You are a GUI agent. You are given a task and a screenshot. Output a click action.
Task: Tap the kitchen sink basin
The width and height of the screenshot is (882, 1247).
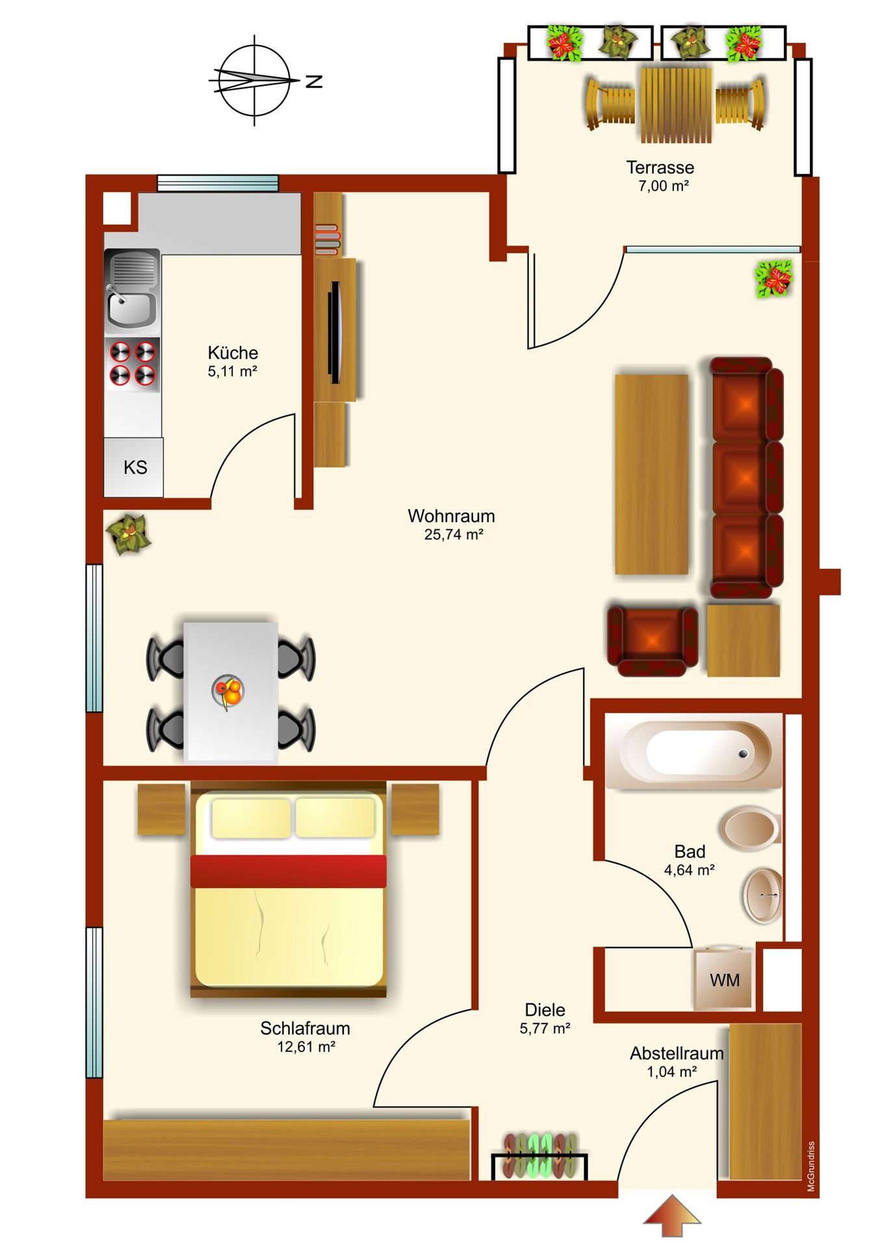[x=131, y=310]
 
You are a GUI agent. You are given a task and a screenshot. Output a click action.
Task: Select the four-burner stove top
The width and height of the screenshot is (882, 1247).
[x=133, y=364]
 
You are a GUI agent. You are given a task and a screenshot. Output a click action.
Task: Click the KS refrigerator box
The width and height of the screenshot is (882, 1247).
[x=134, y=467]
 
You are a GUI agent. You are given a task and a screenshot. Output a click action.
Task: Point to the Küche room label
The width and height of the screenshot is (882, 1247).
[x=233, y=353]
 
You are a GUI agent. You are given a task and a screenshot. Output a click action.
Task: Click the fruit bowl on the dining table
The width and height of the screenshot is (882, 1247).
[x=228, y=692]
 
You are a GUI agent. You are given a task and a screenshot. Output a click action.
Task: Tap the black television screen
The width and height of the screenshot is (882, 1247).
[x=335, y=332]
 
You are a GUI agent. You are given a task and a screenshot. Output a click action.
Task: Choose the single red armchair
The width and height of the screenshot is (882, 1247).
[x=652, y=640]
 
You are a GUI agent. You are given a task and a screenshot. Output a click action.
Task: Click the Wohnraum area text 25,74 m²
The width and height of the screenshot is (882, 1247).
[x=453, y=535]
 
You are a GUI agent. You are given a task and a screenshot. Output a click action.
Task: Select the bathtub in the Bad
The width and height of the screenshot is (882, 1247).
[x=694, y=751]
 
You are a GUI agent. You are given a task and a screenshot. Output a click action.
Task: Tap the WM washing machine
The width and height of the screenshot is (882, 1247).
[x=724, y=979]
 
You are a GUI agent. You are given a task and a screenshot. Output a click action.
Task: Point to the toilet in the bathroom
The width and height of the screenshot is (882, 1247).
[x=750, y=828]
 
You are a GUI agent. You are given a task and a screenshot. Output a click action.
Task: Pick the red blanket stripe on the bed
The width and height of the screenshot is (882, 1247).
[x=289, y=871]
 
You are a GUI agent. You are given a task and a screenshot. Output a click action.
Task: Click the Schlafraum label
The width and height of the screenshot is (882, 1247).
[x=305, y=1028]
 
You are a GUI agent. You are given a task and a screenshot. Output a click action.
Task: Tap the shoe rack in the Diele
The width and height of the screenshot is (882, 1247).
[x=539, y=1157]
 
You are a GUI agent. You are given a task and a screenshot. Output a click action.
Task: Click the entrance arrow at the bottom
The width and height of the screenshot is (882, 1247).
[x=672, y=1215]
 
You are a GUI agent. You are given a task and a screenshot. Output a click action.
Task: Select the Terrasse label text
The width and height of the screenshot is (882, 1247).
[x=660, y=168]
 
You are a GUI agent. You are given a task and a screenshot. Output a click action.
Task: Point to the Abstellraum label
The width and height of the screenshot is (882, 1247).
[x=677, y=1053]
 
